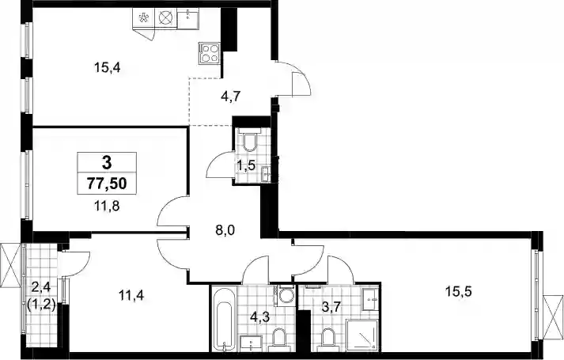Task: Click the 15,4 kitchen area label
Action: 108,67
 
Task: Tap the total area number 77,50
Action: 107,184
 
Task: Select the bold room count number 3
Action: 107,163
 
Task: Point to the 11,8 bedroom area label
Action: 107,206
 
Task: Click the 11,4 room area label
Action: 131,296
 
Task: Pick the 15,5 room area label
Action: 459,291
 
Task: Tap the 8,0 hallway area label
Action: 225,229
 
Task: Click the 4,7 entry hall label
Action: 230,97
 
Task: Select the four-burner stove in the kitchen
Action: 209,54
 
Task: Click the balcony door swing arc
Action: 75,263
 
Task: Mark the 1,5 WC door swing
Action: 219,165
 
